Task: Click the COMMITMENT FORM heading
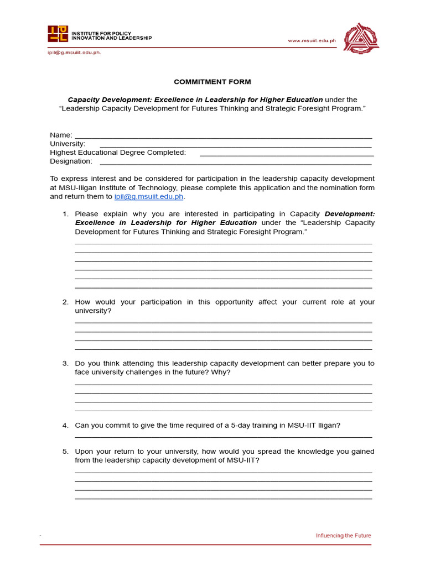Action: (x=212, y=82)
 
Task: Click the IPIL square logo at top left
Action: (x=58, y=34)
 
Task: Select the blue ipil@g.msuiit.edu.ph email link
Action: (x=148, y=197)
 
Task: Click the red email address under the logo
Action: (x=74, y=53)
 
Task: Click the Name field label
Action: (x=61, y=135)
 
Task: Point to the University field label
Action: (x=68, y=144)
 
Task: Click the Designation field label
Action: (x=71, y=161)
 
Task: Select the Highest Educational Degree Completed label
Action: (x=118, y=153)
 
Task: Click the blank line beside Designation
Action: (x=235, y=164)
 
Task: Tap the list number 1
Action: (x=65, y=214)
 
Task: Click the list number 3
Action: (x=65, y=364)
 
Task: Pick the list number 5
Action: (x=65, y=452)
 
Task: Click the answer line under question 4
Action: (x=223, y=436)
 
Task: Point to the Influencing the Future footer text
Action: (x=343, y=536)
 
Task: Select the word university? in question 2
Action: (x=93, y=311)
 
